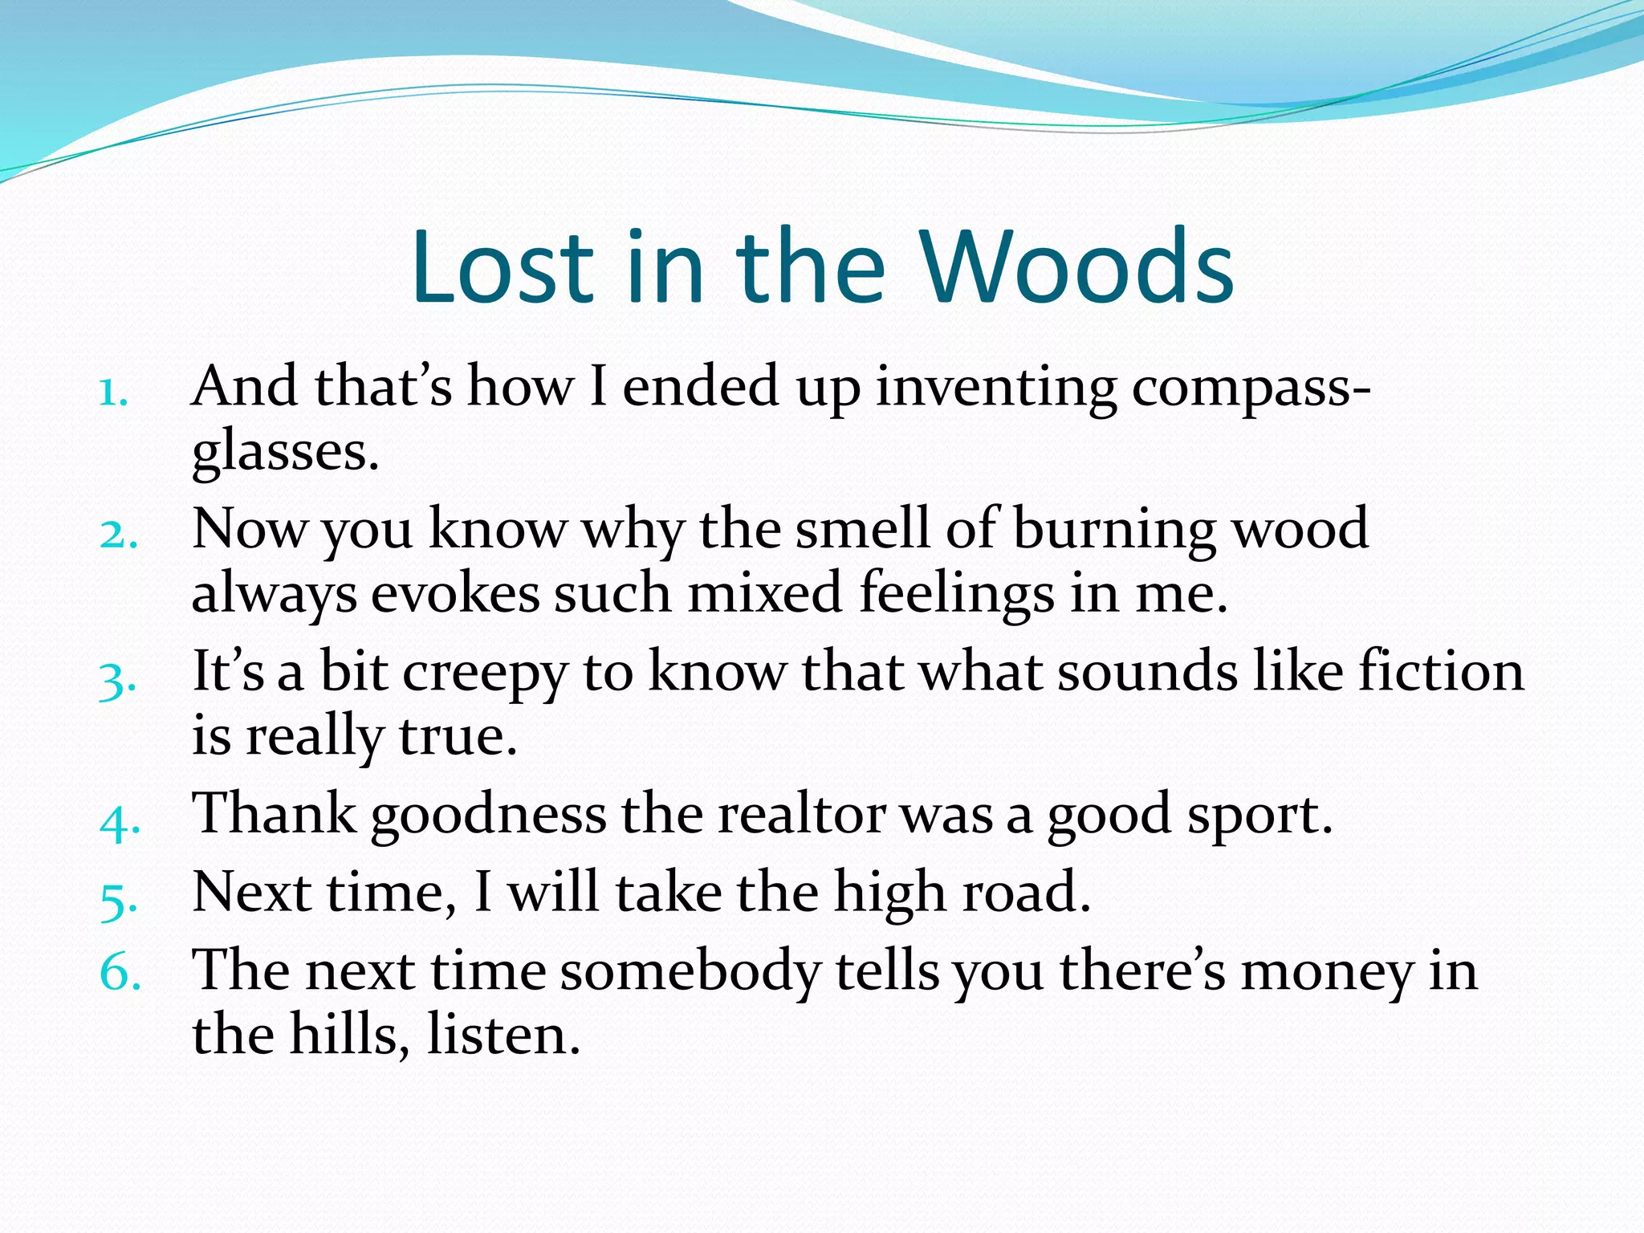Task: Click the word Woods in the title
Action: [x=1077, y=267]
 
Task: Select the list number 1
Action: [x=113, y=394]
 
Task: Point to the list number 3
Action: [x=117, y=682]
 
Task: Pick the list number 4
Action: [x=120, y=822]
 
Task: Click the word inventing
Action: [x=995, y=388]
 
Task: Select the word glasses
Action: [x=284, y=452]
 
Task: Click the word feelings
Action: [x=956, y=595]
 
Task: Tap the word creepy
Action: [x=485, y=674]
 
